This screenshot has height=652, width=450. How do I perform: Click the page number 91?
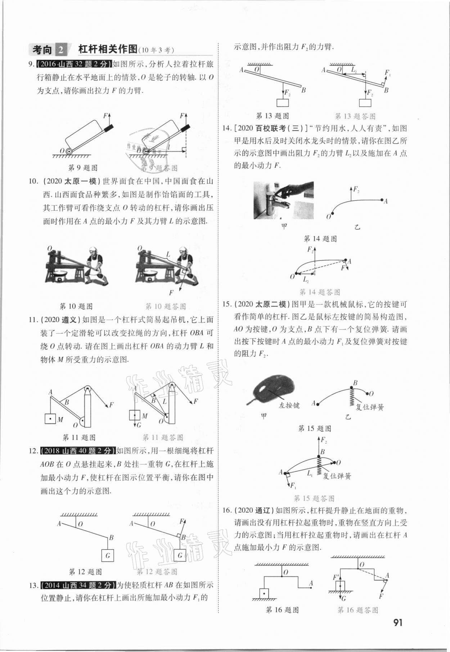point(397,622)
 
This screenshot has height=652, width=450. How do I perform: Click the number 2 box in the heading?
point(61,50)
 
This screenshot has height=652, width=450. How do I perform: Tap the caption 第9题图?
point(83,168)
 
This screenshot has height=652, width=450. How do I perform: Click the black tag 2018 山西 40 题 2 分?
point(78,450)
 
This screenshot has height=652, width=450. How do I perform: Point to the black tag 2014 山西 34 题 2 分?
point(79,585)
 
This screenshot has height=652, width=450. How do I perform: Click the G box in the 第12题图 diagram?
point(108,556)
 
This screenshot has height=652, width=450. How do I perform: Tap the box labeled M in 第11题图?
point(50,419)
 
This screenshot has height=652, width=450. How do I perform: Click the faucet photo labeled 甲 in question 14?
point(283,200)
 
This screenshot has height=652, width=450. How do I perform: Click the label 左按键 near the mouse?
point(289,405)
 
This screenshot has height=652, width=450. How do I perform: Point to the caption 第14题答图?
point(320,292)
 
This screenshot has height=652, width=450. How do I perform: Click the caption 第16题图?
point(282,610)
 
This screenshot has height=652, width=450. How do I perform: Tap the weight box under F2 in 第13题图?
point(283,103)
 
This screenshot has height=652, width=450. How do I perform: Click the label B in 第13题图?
point(303,90)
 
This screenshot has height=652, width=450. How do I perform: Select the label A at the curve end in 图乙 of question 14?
point(386,202)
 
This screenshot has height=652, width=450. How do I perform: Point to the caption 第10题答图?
point(166,307)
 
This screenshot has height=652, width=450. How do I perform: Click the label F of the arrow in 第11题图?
point(111,405)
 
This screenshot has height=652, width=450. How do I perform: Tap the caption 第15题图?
point(315,429)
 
